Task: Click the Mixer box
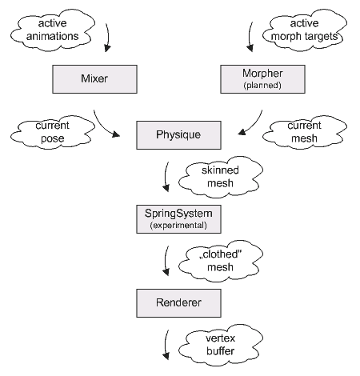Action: pyautogui.click(x=94, y=79)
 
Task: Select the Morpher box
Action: pyautogui.click(x=262, y=79)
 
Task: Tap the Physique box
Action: pyautogui.click(x=178, y=135)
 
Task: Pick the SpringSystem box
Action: pyautogui.click(x=178, y=219)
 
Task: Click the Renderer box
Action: pyautogui.click(x=178, y=303)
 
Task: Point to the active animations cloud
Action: pyautogui.click(x=53, y=30)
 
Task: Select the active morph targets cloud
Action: pyautogui.click(x=305, y=30)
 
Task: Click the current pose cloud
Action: pyautogui.click(x=53, y=132)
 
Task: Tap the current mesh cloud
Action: pyautogui.click(x=305, y=132)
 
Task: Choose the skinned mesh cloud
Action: pyautogui.click(x=221, y=177)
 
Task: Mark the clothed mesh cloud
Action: pyautogui.click(x=221, y=261)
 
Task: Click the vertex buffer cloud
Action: pyautogui.click(x=221, y=345)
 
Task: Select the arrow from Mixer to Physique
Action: pyautogui.click(x=103, y=126)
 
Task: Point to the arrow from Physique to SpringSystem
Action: pyautogui.click(x=166, y=176)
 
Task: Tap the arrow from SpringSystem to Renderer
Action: pyautogui.click(x=166, y=260)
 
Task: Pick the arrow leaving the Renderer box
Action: pyautogui.click(x=166, y=344)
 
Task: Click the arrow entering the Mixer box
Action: pyautogui.click(x=108, y=38)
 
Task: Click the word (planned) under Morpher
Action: pyautogui.click(x=262, y=86)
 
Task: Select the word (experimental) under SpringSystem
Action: pyautogui.click(x=178, y=226)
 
